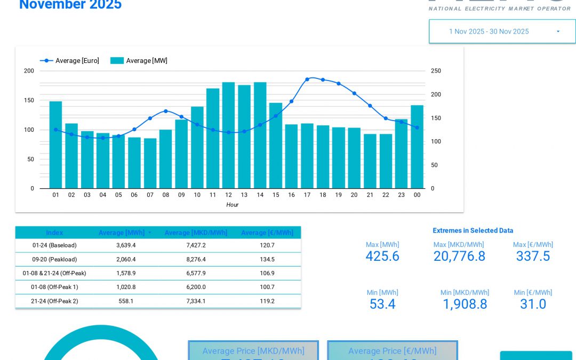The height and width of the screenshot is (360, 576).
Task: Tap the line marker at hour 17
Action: pyautogui.click(x=307, y=79)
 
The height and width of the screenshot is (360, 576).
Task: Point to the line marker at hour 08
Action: pyautogui.click(x=166, y=111)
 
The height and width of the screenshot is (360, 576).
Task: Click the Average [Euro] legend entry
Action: pyautogui.click(x=70, y=61)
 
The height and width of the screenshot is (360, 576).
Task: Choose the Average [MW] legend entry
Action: pyautogui.click(x=139, y=61)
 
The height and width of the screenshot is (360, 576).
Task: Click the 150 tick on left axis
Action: pyautogui.click(x=29, y=100)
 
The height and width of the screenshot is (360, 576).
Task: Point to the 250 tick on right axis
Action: pyautogui.click(x=436, y=71)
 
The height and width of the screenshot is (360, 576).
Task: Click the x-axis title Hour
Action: pyautogui.click(x=232, y=205)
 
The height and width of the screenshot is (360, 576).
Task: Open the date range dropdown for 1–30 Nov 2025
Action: pyautogui.click(x=502, y=31)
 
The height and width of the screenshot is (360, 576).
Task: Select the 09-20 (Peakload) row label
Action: pyautogui.click(x=54, y=259)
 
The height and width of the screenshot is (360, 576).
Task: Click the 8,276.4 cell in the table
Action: pyautogui.click(x=196, y=259)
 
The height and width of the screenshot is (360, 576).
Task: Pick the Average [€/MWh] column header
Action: pyautogui.click(x=267, y=233)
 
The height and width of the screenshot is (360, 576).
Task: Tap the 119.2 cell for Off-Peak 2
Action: pyautogui.click(x=267, y=301)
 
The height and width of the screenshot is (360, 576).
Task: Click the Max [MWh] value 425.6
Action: pyautogui.click(x=382, y=256)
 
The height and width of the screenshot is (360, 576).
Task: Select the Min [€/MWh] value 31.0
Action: pyautogui.click(x=533, y=304)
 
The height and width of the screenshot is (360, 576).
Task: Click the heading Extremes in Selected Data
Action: pyautogui.click(x=473, y=230)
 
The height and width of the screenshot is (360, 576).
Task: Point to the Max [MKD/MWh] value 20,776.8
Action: pyautogui.click(x=459, y=256)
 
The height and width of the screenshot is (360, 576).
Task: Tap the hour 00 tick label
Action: pyautogui.click(x=417, y=195)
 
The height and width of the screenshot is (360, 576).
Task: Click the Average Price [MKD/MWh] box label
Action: pyautogui.click(x=253, y=351)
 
